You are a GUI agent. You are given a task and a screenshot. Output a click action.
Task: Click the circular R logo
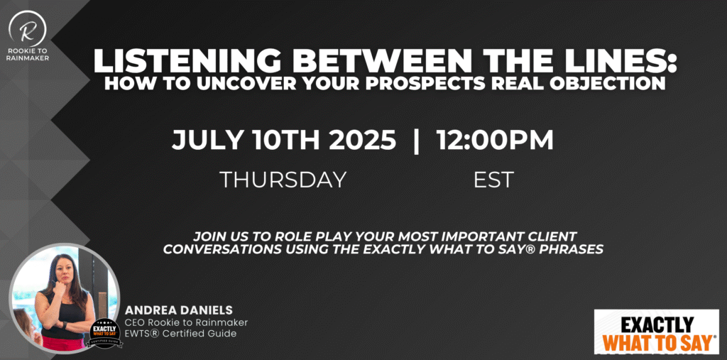coord(28,29)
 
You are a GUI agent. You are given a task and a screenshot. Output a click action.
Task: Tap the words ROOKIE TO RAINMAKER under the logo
coord(28,55)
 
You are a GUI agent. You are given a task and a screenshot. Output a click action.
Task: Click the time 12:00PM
coord(495,140)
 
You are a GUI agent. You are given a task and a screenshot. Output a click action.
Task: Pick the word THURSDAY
coord(283,180)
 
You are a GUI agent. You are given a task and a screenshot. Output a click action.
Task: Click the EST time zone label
coord(493,180)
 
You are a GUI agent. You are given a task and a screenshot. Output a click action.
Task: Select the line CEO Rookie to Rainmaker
coord(187,322)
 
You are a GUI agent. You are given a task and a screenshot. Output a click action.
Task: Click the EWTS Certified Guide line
coord(181,334)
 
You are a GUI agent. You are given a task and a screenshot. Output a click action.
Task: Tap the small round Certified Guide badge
coord(106,332)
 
